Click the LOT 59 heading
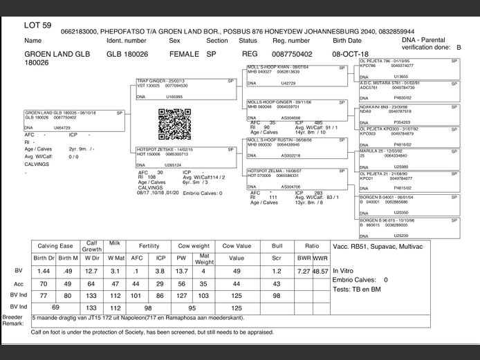click(37, 26)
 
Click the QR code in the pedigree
click(174, 125)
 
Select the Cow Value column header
click(237, 245)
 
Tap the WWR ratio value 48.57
click(320, 271)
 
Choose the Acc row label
click(18, 284)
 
